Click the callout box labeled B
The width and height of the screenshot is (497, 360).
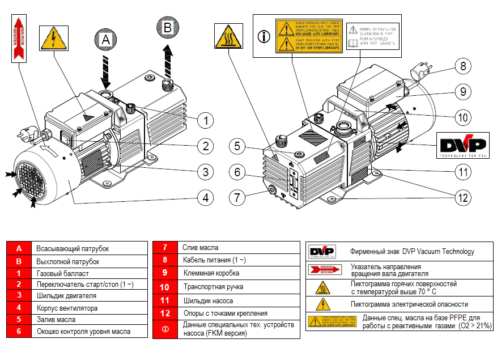click(x=167, y=27)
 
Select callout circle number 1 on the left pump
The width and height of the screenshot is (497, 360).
click(x=206, y=120)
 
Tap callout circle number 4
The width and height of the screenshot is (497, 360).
click(x=206, y=197)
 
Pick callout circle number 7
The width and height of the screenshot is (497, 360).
click(x=239, y=198)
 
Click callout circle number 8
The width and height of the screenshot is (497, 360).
click(x=463, y=66)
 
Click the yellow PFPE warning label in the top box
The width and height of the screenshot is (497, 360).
click(x=308, y=36)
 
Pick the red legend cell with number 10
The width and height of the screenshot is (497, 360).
click(x=165, y=287)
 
